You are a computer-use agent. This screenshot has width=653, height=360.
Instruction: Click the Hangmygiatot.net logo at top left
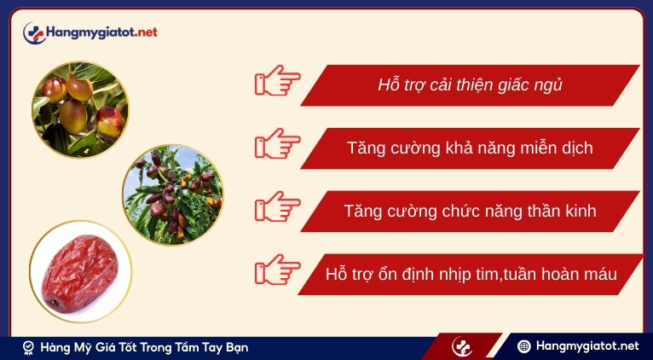pyautogui.click(x=90, y=32)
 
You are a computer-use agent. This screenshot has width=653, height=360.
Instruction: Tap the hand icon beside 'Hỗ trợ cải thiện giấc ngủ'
pyautogui.click(x=277, y=84)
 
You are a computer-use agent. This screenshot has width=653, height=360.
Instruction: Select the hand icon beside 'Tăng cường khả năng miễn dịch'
pyautogui.click(x=277, y=147)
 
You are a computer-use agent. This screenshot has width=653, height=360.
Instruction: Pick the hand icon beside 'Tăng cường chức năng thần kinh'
pyautogui.click(x=277, y=210)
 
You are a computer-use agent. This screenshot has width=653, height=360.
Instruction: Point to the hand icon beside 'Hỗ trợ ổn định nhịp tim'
pyautogui.click(x=277, y=273)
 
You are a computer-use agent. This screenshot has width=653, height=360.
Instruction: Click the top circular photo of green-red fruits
pyautogui.click(x=80, y=109)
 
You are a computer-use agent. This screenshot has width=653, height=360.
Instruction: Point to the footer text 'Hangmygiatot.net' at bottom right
pyautogui.click(x=587, y=346)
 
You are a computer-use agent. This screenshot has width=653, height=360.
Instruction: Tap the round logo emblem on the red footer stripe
pyautogui.click(x=462, y=347)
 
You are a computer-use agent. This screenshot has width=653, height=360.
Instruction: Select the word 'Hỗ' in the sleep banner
pyautogui.click(x=389, y=85)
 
